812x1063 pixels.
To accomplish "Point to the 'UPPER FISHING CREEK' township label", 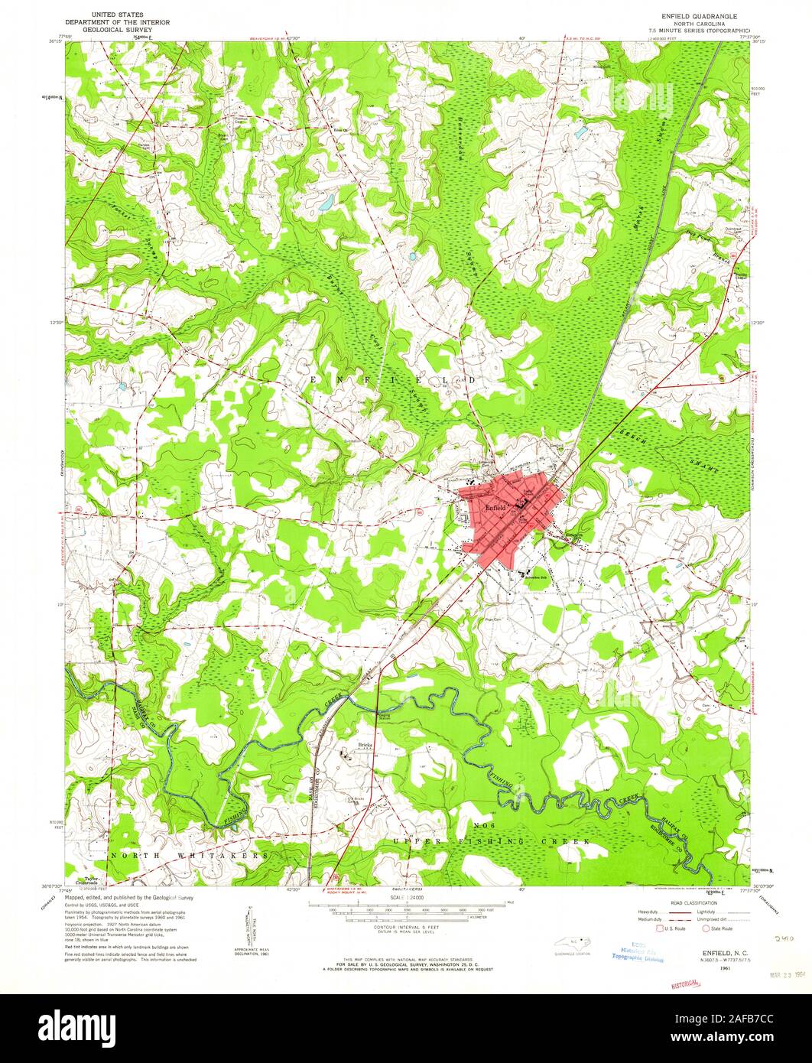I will [x=492, y=840].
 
